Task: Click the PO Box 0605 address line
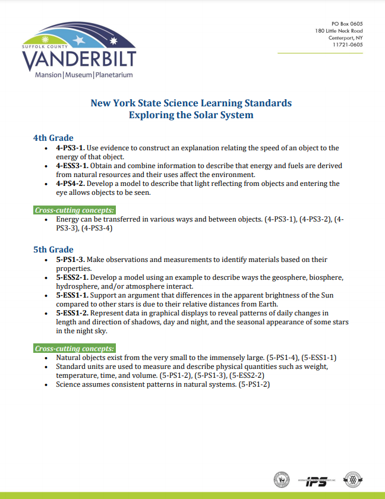[347, 23]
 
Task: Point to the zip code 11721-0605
[348, 45]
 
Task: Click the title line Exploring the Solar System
[191, 115]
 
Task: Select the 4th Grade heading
[53, 138]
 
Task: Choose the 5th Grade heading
[53, 249]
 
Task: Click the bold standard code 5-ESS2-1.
[72, 277]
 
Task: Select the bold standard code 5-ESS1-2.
[72, 312]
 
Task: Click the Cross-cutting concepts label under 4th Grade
[74, 210]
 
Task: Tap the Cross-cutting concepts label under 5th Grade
[74, 348]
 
